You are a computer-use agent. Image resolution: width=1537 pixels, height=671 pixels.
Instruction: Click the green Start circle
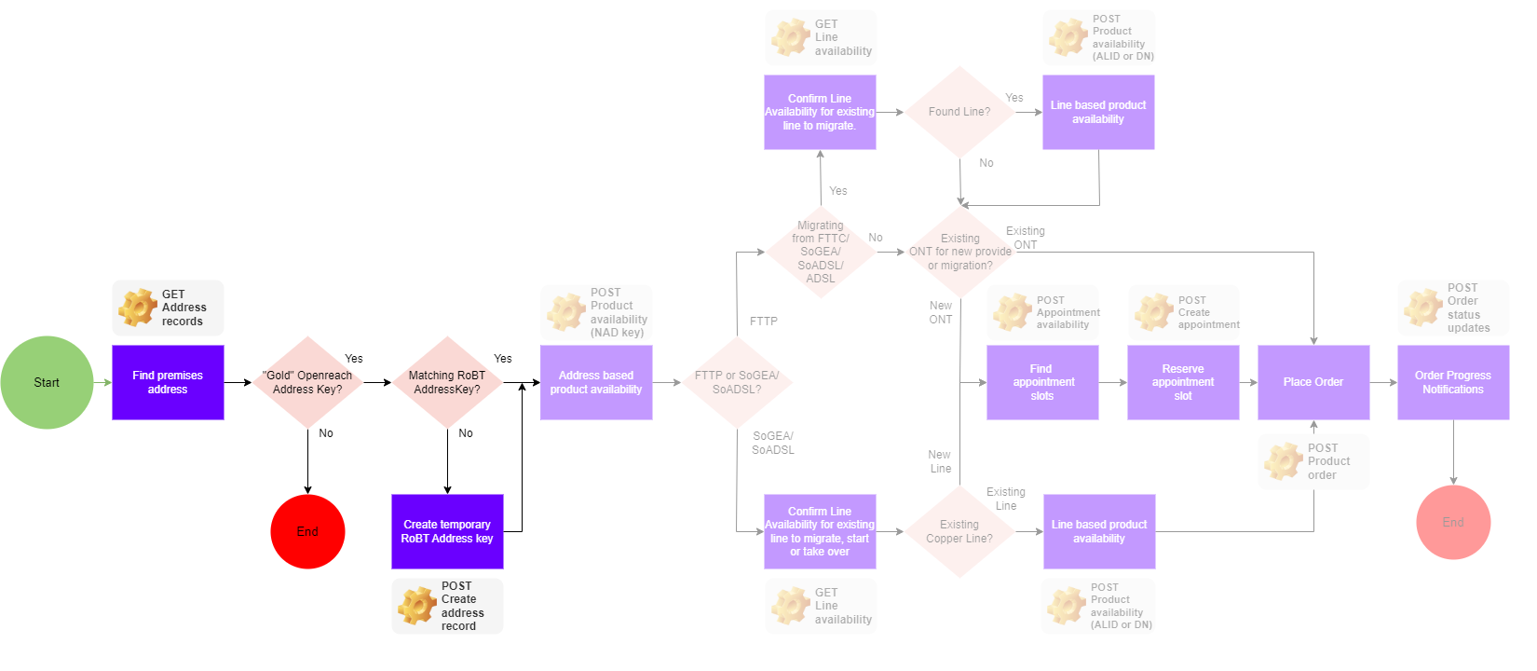47,382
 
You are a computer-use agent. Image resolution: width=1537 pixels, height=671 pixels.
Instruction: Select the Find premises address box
168,382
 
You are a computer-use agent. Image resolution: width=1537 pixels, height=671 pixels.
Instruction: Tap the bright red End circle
307,531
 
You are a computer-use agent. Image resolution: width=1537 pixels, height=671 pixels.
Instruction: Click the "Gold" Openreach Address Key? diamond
307,382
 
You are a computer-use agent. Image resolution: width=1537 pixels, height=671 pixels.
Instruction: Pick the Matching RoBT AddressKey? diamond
447,382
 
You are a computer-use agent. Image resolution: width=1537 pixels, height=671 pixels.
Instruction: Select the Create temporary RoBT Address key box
447,531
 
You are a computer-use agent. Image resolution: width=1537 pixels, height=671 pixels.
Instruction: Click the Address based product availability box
596,382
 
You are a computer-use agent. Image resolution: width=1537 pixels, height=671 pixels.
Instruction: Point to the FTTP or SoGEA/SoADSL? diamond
737,382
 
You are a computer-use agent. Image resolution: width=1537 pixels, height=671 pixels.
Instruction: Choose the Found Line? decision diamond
959,112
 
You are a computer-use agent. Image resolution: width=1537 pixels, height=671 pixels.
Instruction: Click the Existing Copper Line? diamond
959,531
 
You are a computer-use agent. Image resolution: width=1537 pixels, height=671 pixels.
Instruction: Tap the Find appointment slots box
1042,382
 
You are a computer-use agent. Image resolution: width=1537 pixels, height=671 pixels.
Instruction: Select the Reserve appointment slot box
1183,382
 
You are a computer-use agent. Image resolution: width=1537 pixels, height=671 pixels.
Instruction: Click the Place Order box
1313,382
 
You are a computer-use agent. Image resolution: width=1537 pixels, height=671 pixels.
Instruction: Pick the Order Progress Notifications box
1453,382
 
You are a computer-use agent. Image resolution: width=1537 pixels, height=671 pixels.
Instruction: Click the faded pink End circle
1453,522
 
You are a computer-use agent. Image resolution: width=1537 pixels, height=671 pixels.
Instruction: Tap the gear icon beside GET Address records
138,308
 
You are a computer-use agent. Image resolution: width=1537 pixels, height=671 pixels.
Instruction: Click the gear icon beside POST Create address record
417,606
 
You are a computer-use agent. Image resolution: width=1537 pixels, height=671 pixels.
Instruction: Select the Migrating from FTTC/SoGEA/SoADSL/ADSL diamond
821,252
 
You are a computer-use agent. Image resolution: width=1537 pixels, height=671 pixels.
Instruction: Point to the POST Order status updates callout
1453,308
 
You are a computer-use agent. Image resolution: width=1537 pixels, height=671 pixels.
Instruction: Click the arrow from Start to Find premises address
102,382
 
